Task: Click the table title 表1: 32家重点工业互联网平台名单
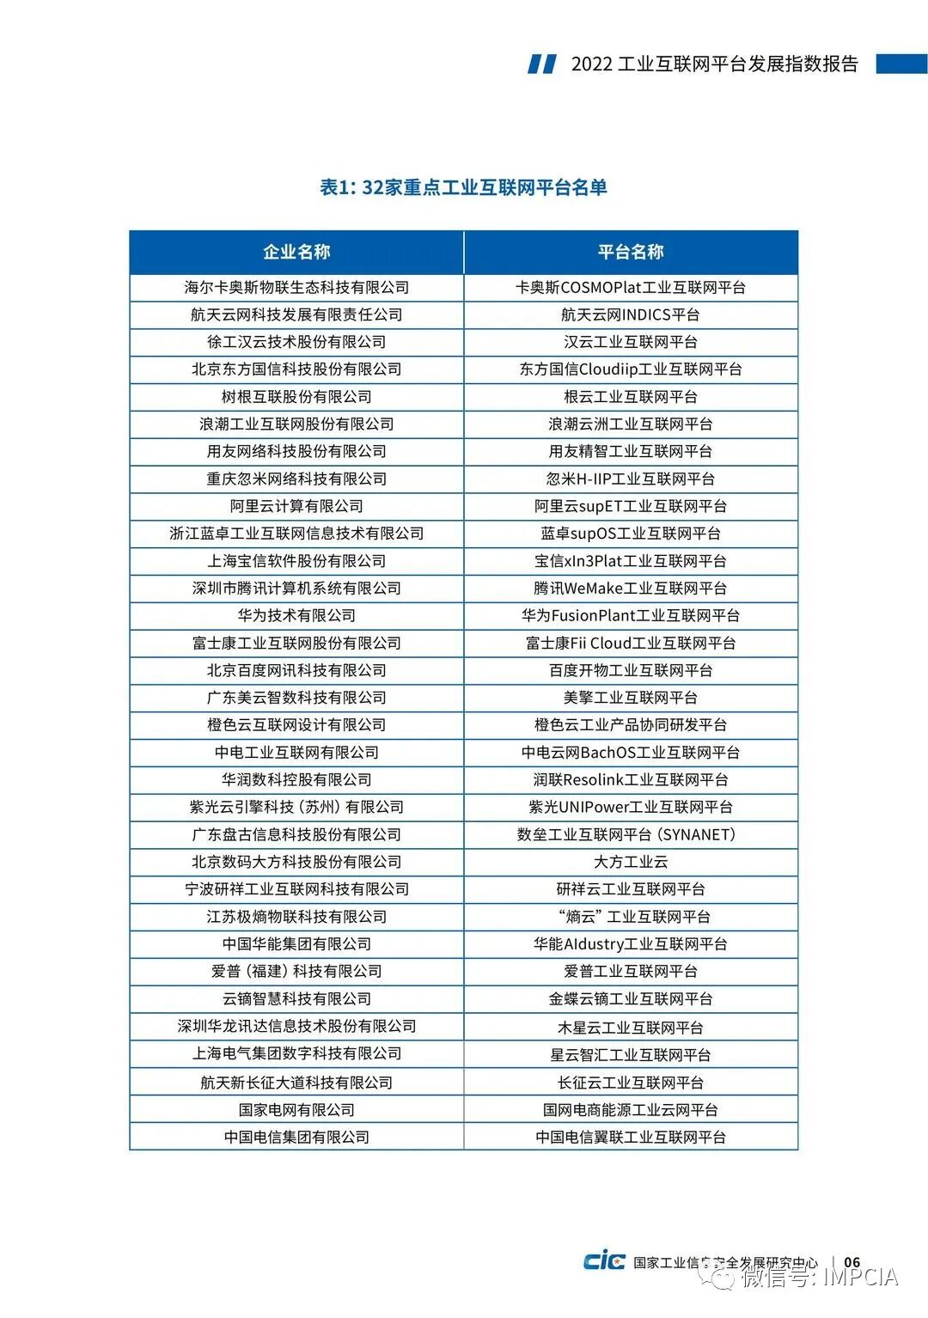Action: pyautogui.click(x=463, y=187)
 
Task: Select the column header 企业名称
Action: pyautogui.click(x=296, y=252)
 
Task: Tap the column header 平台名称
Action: pyautogui.click(x=631, y=252)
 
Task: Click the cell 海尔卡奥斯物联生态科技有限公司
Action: pyautogui.click(x=296, y=287)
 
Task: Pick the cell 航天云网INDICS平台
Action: pyautogui.click(x=631, y=314)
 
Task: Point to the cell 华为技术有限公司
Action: pyautogui.click(x=296, y=615)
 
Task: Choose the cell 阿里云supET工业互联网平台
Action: pyautogui.click(x=631, y=506)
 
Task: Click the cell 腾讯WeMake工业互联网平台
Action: pyautogui.click(x=631, y=588)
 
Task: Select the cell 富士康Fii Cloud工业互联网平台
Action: pyautogui.click(x=631, y=643)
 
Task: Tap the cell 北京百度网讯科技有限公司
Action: pyautogui.click(x=296, y=670)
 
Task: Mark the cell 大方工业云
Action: pyautogui.click(x=631, y=862)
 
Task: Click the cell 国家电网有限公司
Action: pyautogui.click(x=296, y=1109)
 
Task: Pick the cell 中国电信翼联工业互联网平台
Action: pyautogui.click(x=631, y=1137)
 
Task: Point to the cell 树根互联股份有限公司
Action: pyautogui.click(x=296, y=396)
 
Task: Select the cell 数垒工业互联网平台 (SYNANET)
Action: pyautogui.click(x=631, y=834)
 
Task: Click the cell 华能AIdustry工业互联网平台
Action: pyautogui.click(x=631, y=943)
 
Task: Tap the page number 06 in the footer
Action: pyautogui.click(x=852, y=1262)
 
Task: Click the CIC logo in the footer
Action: pyautogui.click(x=604, y=1261)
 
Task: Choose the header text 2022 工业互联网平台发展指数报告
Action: pyautogui.click(x=714, y=64)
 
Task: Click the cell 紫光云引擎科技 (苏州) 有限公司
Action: pyautogui.click(x=296, y=807)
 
